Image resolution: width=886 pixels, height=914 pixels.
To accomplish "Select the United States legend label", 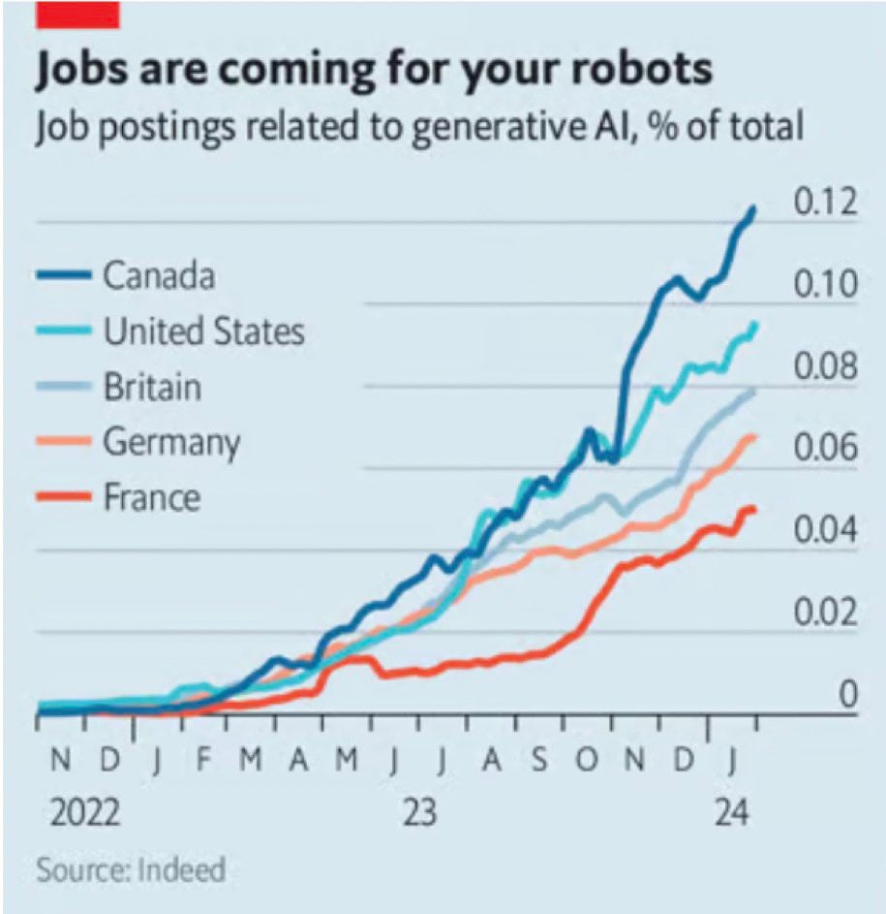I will [x=203, y=331].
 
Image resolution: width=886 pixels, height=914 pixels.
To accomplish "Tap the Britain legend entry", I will [x=152, y=387].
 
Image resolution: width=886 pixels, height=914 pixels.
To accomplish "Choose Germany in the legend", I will [x=171, y=442].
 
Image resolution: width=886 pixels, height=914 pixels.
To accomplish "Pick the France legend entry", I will [x=152, y=497].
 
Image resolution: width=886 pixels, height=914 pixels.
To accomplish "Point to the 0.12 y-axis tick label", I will [x=825, y=204].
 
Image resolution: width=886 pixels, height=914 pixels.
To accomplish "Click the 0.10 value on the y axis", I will [x=825, y=286].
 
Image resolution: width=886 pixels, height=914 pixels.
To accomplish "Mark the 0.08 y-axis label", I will [x=825, y=368].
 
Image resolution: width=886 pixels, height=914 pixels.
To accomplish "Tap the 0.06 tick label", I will [x=825, y=450].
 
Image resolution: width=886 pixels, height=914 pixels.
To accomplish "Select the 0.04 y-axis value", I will [x=825, y=532].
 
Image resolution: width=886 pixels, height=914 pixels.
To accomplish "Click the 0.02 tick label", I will [x=825, y=614].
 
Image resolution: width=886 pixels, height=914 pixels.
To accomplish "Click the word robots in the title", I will [x=628, y=71].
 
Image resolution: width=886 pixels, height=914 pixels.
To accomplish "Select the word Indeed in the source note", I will [x=183, y=869].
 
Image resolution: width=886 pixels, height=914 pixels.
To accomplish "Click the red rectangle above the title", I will [x=76, y=14].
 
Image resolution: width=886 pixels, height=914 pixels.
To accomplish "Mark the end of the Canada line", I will [x=753, y=208].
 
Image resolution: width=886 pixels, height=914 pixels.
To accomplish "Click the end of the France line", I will [x=752, y=510].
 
